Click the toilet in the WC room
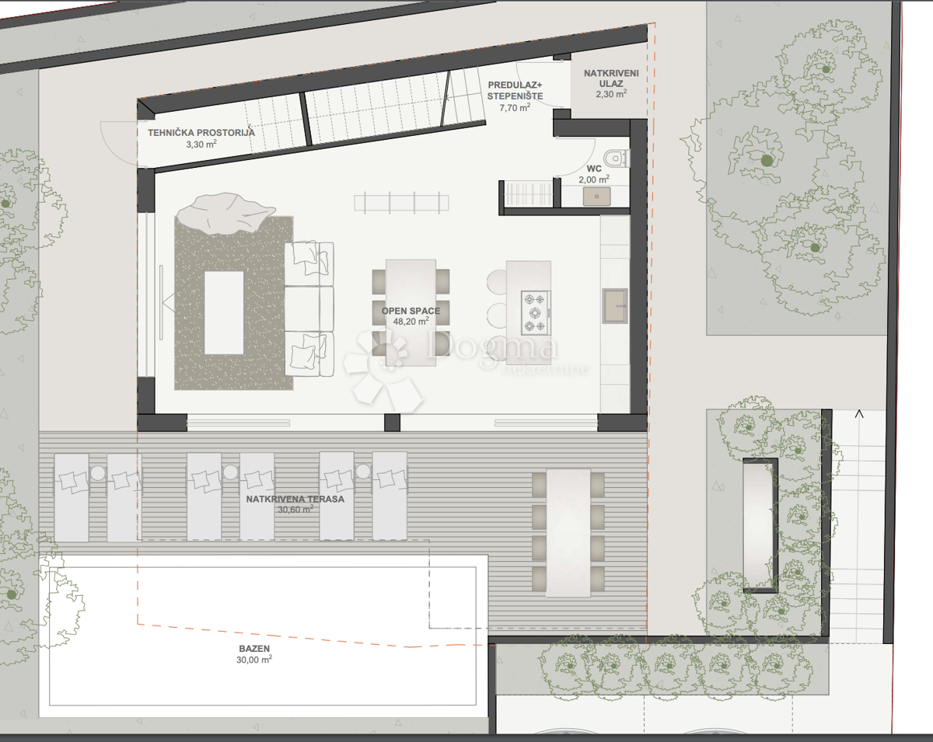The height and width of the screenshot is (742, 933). [x=617, y=157]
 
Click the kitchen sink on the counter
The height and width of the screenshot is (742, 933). [x=614, y=305]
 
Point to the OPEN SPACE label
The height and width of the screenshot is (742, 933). [x=411, y=311]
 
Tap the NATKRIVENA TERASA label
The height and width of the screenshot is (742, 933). [x=295, y=499]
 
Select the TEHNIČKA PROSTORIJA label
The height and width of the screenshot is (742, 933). [x=201, y=132]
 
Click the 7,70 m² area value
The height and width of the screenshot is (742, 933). [x=515, y=108]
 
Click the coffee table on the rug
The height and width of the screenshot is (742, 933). [x=224, y=312]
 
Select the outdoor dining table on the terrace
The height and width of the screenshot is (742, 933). [x=568, y=532]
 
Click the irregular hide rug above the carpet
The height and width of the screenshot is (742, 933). [x=225, y=213]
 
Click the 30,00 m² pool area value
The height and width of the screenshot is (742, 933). [x=254, y=659]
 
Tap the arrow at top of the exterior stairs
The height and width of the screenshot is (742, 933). [x=859, y=414]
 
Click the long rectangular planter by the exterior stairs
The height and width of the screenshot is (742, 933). [x=760, y=524]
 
